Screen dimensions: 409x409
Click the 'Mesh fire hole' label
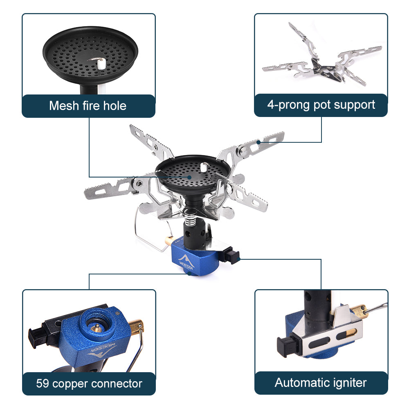point(88,106)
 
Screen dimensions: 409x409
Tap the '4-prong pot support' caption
point(321,105)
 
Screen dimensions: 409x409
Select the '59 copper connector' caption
point(89,384)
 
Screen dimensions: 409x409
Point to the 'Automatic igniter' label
point(321,383)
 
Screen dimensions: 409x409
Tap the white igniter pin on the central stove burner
point(203,167)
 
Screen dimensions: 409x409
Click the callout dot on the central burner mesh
point(190,177)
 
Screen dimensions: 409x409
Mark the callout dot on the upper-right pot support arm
point(259,142)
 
